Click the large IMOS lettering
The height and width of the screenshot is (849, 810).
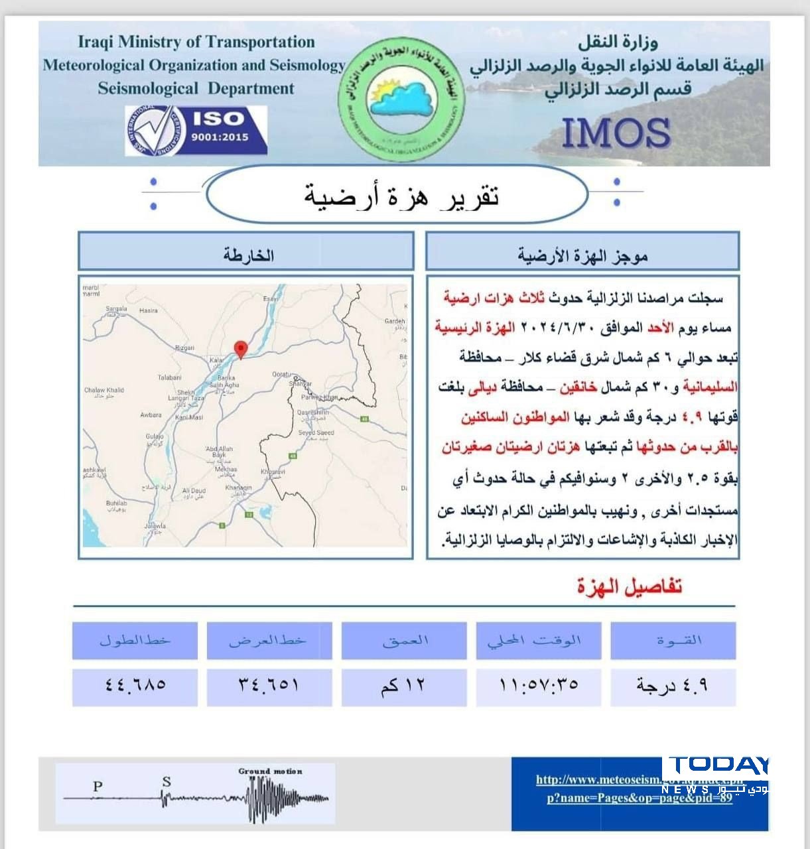coord(616,132)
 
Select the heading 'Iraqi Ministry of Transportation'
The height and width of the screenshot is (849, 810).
coord(196,42)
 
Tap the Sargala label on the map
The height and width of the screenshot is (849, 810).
coord(117,309)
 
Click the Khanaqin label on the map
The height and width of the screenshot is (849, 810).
coord(239,488)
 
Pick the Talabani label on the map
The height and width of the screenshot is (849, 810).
coord(170,377)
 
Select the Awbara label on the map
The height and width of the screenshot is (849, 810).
coord(151,415)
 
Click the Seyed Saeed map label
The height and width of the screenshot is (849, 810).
coord(316,432)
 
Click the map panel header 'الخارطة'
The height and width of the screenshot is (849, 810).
coord(247,255)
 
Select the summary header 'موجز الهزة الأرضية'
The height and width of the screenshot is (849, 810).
coord(582,255)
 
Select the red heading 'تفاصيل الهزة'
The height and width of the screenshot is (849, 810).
coord(629,586)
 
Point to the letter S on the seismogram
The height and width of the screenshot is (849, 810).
coord(167,782)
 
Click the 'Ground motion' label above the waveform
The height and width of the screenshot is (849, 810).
coord(270,771)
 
